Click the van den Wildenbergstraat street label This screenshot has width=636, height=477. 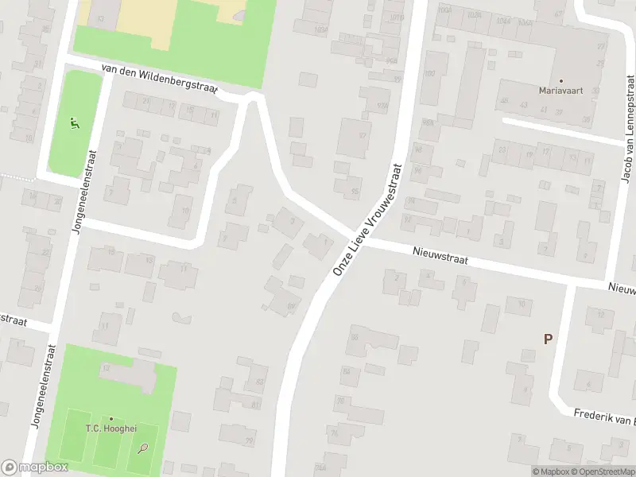[159, 81]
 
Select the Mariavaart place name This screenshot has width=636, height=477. [561, 91]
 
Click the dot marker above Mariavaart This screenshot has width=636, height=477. [561, 80]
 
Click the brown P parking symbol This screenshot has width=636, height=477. [548, 339]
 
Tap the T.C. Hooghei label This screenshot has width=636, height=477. [111, 429]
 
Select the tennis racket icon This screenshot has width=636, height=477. [143, 448]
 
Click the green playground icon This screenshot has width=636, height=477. [74, 123]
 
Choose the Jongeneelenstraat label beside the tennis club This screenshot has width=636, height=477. [41, 386]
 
